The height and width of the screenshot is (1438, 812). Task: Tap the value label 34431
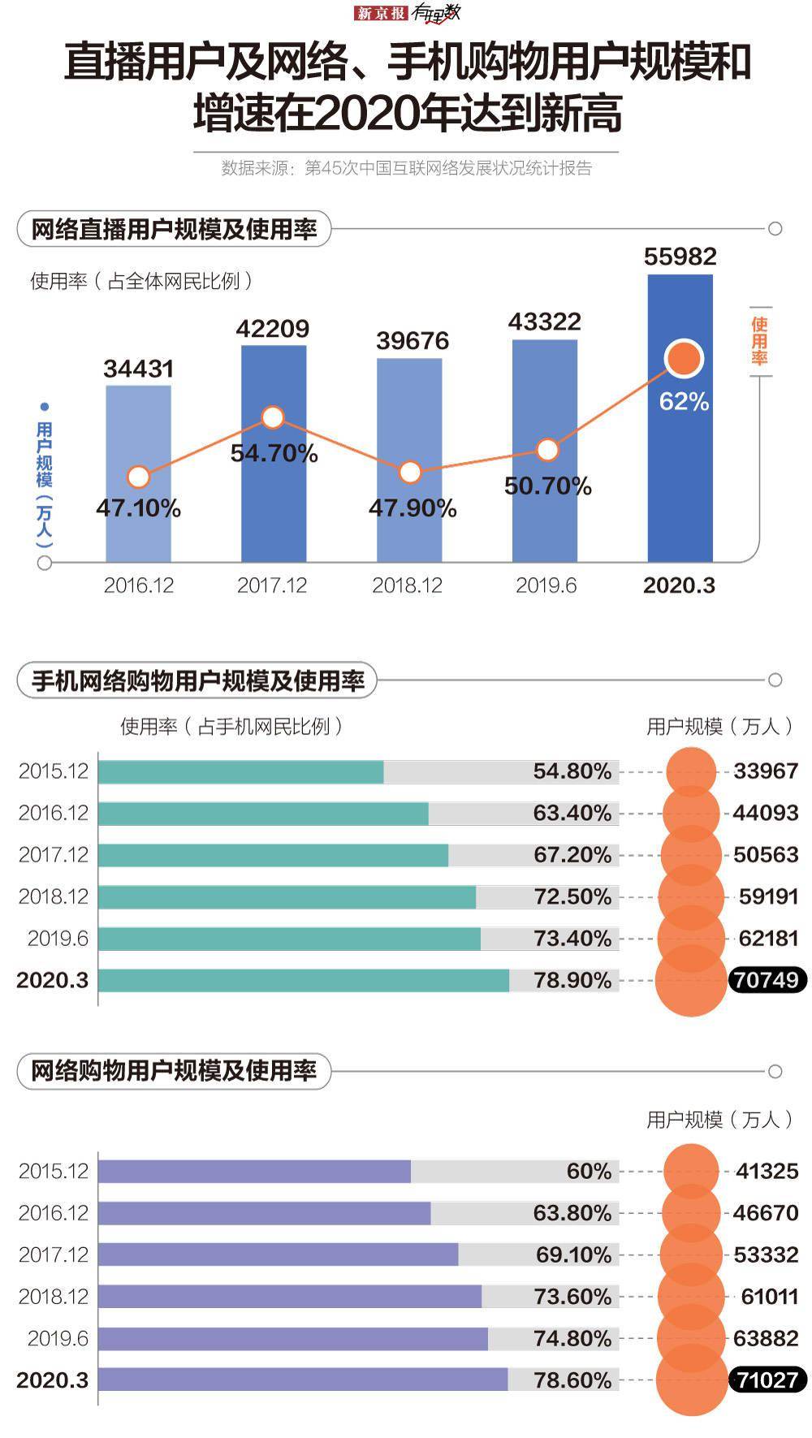pyautogui.click(x=139, y=369)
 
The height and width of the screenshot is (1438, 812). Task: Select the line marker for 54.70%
pyautogui.click(x=273, y=417)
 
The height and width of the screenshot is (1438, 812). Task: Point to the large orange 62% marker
pyautogui.click(x=684, y=359)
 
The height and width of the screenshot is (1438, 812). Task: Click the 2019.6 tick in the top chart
pyautogui.click(x=546, y=585)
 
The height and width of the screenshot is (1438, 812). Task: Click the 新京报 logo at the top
pyautogui.click(x=380, y=13)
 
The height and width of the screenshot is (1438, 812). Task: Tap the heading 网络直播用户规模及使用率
pyautogui.click(x=174, y=229)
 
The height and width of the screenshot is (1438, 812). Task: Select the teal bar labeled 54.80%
pyautogui.click(x=240, y=771)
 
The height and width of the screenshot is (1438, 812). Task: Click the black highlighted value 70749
pyautogui.click(x=767, y=980)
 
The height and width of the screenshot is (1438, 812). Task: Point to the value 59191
pyautogui.click(x=768, y=896)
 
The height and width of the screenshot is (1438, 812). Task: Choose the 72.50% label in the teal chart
pyautogui.click(x=572, y=896)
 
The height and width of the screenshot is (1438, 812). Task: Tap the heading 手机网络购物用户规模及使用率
pyautogui.click(x=197, y=680)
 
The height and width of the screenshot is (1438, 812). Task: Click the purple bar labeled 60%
pyautogui.click(x=254, y=1171)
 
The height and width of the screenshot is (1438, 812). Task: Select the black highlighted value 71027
pyautogui.click(x=767, y=1380)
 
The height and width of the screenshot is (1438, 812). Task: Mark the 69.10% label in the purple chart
pyautogui.click(x=573, y=1254)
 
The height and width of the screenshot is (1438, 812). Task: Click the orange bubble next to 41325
pyautogui.click(x=691, y=1171)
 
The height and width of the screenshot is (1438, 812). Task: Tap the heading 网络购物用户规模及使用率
pyautogui.click(x=174, y=1071)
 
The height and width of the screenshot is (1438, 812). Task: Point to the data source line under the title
pyautogui.click(x=406, y=168)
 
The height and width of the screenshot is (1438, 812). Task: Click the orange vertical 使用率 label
pyautogui.click(x=758, y=341)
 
